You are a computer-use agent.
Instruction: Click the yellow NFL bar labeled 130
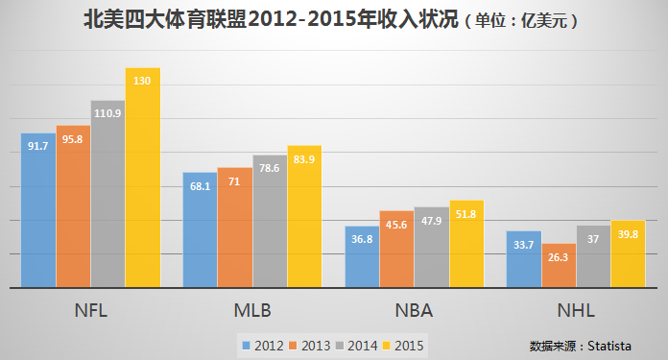tap(143, 178)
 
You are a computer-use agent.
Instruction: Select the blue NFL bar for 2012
tap(38, 210)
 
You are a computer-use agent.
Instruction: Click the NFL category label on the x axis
tap(90, 312)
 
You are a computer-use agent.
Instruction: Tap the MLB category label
tap(252, 312)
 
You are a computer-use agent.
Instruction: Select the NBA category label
tap(414, 312)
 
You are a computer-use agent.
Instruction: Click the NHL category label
tap(576, 312)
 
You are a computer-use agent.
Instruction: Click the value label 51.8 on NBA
tap(466, 213)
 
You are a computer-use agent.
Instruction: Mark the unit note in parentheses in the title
tap(523, 20)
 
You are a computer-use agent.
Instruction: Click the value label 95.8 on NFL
tap(73, 139)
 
